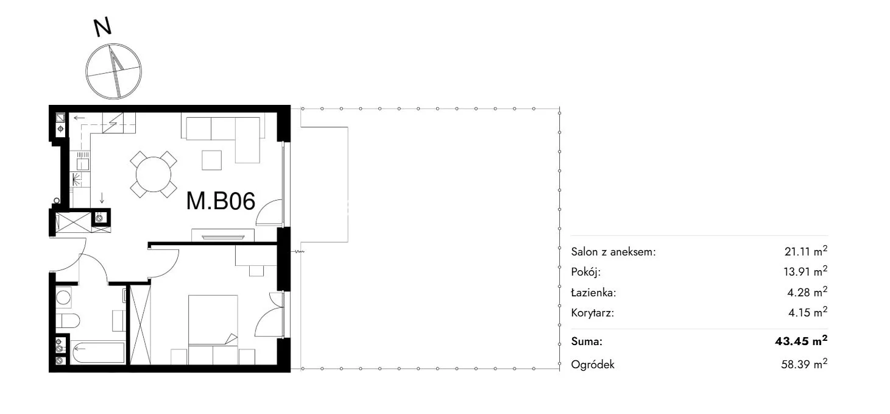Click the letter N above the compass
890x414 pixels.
point(102,27)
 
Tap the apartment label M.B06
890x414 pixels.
point(221,201)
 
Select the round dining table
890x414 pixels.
point(154,174)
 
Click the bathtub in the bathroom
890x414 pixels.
point(99,352)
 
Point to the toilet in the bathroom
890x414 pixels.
point(68,320)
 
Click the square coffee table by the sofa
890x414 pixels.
point(211,160)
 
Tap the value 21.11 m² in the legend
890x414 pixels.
point(806,251)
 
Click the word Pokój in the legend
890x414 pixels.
point(585,272)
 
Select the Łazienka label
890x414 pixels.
point(593,292)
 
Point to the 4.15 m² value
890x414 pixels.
point(808,312)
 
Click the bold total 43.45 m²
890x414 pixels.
point(801,341)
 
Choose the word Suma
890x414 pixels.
point(587,341)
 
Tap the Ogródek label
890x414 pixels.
point(592,365)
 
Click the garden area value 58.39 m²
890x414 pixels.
point(804,364)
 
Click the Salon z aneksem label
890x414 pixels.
point(613,252)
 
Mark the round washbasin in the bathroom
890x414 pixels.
point(63,297)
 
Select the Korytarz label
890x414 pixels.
point(592,313)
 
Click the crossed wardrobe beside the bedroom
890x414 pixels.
point(140,324)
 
